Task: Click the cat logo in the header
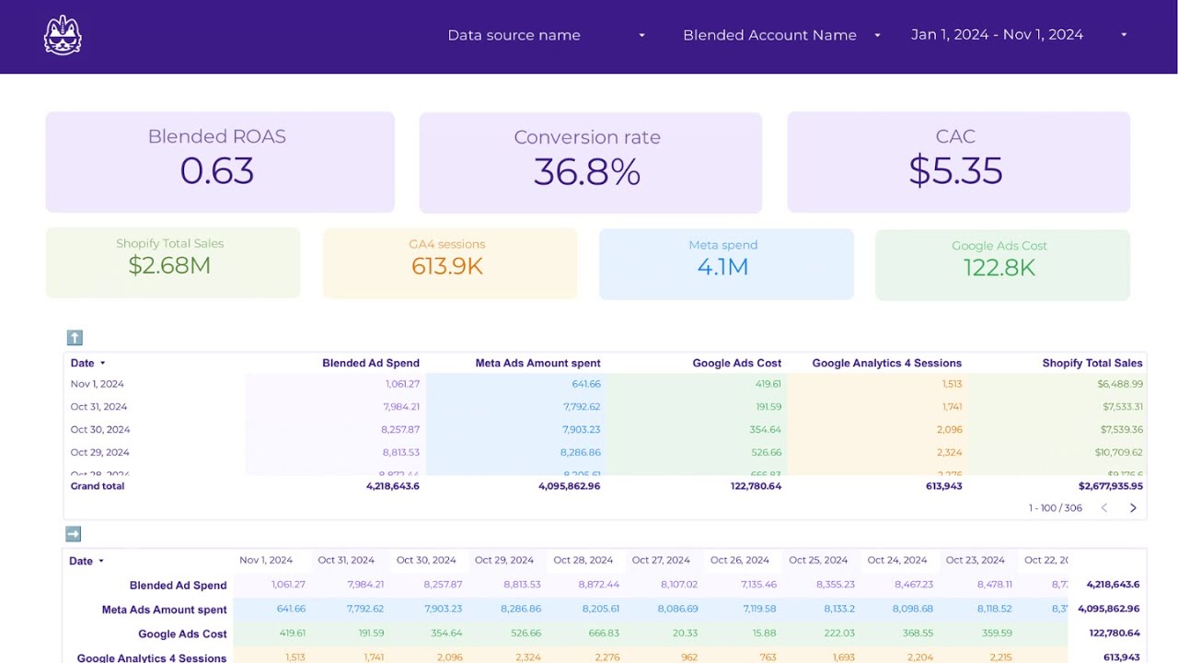pos(63,35)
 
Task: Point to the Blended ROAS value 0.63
pos(217,171)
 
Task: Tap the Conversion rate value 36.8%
pos(587,172)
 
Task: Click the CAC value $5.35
pos(955,171)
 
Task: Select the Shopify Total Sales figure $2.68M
pos(169,266)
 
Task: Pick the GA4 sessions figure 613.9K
pos(447,266)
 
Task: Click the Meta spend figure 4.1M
pos(723,267)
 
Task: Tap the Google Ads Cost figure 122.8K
pos(999,268)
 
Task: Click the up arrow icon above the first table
pos(75,338)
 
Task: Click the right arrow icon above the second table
pos(74,534)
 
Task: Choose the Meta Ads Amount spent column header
pos(537,363)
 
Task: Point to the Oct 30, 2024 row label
pos(100,429)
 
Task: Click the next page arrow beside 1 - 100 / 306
pos(1133,508)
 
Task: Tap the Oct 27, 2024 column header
pos(661,560)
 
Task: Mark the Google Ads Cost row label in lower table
pos(182,634)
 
